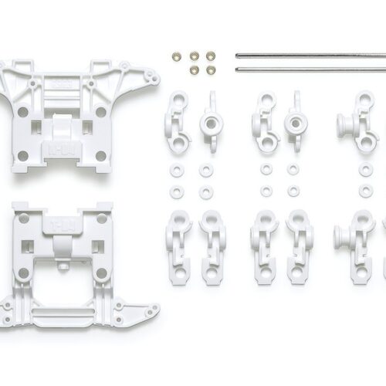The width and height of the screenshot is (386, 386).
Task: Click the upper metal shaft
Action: tap(309, 56)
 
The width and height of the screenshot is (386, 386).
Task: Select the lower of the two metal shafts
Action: tap(309, 69)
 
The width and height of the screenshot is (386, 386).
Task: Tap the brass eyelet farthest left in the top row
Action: tap(177, 56)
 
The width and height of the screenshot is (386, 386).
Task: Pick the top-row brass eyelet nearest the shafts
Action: tap(211, 56)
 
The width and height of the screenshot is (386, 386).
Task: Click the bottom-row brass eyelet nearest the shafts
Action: tap(211, 69)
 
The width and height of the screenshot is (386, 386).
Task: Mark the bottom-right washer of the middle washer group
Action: tap(293, 190)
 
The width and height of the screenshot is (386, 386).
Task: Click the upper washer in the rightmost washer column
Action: tap(365, 169)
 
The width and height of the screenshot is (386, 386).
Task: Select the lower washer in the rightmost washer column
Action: tap(365, 190)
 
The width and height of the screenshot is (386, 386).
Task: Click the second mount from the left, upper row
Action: tap(210, 120)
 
